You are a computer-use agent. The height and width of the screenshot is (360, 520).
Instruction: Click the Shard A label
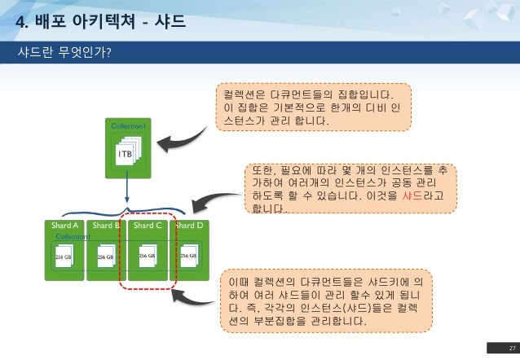pyautogui.click(x=64, y=225)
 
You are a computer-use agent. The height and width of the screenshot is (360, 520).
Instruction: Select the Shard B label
pyautogui.click(x=106, y=225)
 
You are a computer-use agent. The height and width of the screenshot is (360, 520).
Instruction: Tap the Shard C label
pyautogui.click(x=148, y=225)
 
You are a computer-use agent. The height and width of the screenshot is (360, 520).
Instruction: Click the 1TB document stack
pyautogui.click(x=127, y=153)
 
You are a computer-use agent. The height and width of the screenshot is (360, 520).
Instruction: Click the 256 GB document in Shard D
pyautogui.click(x=189, y=255)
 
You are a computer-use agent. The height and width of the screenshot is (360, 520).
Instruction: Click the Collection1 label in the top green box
pyautogui.click(x=128, y=126)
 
